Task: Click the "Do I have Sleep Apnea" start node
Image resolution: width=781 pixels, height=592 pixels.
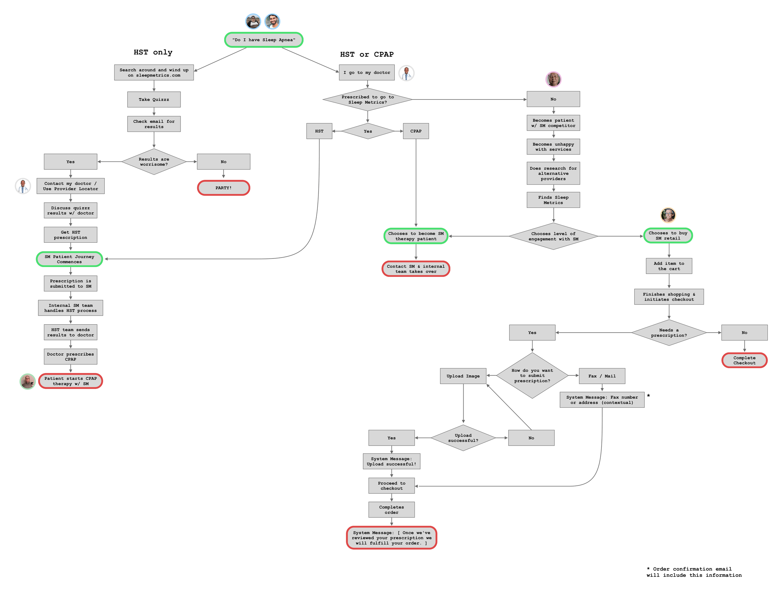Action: [x=264, y=40]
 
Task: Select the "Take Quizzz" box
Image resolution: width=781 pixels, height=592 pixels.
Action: [x=154, y=100]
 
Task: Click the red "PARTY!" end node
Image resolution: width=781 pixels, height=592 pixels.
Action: [x=223, y=188]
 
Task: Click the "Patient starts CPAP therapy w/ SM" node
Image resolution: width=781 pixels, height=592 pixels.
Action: [x=71, y=381]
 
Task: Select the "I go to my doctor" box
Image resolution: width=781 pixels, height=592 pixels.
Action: [x=367, y=73]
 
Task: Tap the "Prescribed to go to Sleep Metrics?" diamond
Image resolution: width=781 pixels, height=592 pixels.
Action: [x=368, y=100]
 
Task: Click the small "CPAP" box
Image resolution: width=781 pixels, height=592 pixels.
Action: [x=416, y=131]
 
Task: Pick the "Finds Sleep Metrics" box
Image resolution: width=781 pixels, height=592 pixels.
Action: [x=553, y=200]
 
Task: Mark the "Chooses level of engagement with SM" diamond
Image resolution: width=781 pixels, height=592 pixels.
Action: [x=553, y=236]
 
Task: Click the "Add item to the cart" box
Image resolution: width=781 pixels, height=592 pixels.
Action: [x=669, y=266]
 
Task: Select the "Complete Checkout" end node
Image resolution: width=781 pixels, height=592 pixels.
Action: [x=744, y=361]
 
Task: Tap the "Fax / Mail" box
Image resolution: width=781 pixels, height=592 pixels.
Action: [x=602, y=376]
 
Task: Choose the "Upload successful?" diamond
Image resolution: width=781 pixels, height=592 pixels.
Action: [x=463, y=438]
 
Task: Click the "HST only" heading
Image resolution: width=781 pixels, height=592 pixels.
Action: [x=153, y=52]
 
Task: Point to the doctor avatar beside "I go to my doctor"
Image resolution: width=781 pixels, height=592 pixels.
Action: [x=406, y=73]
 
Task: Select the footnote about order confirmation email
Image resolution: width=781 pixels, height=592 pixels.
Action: [x=694, y=572]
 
